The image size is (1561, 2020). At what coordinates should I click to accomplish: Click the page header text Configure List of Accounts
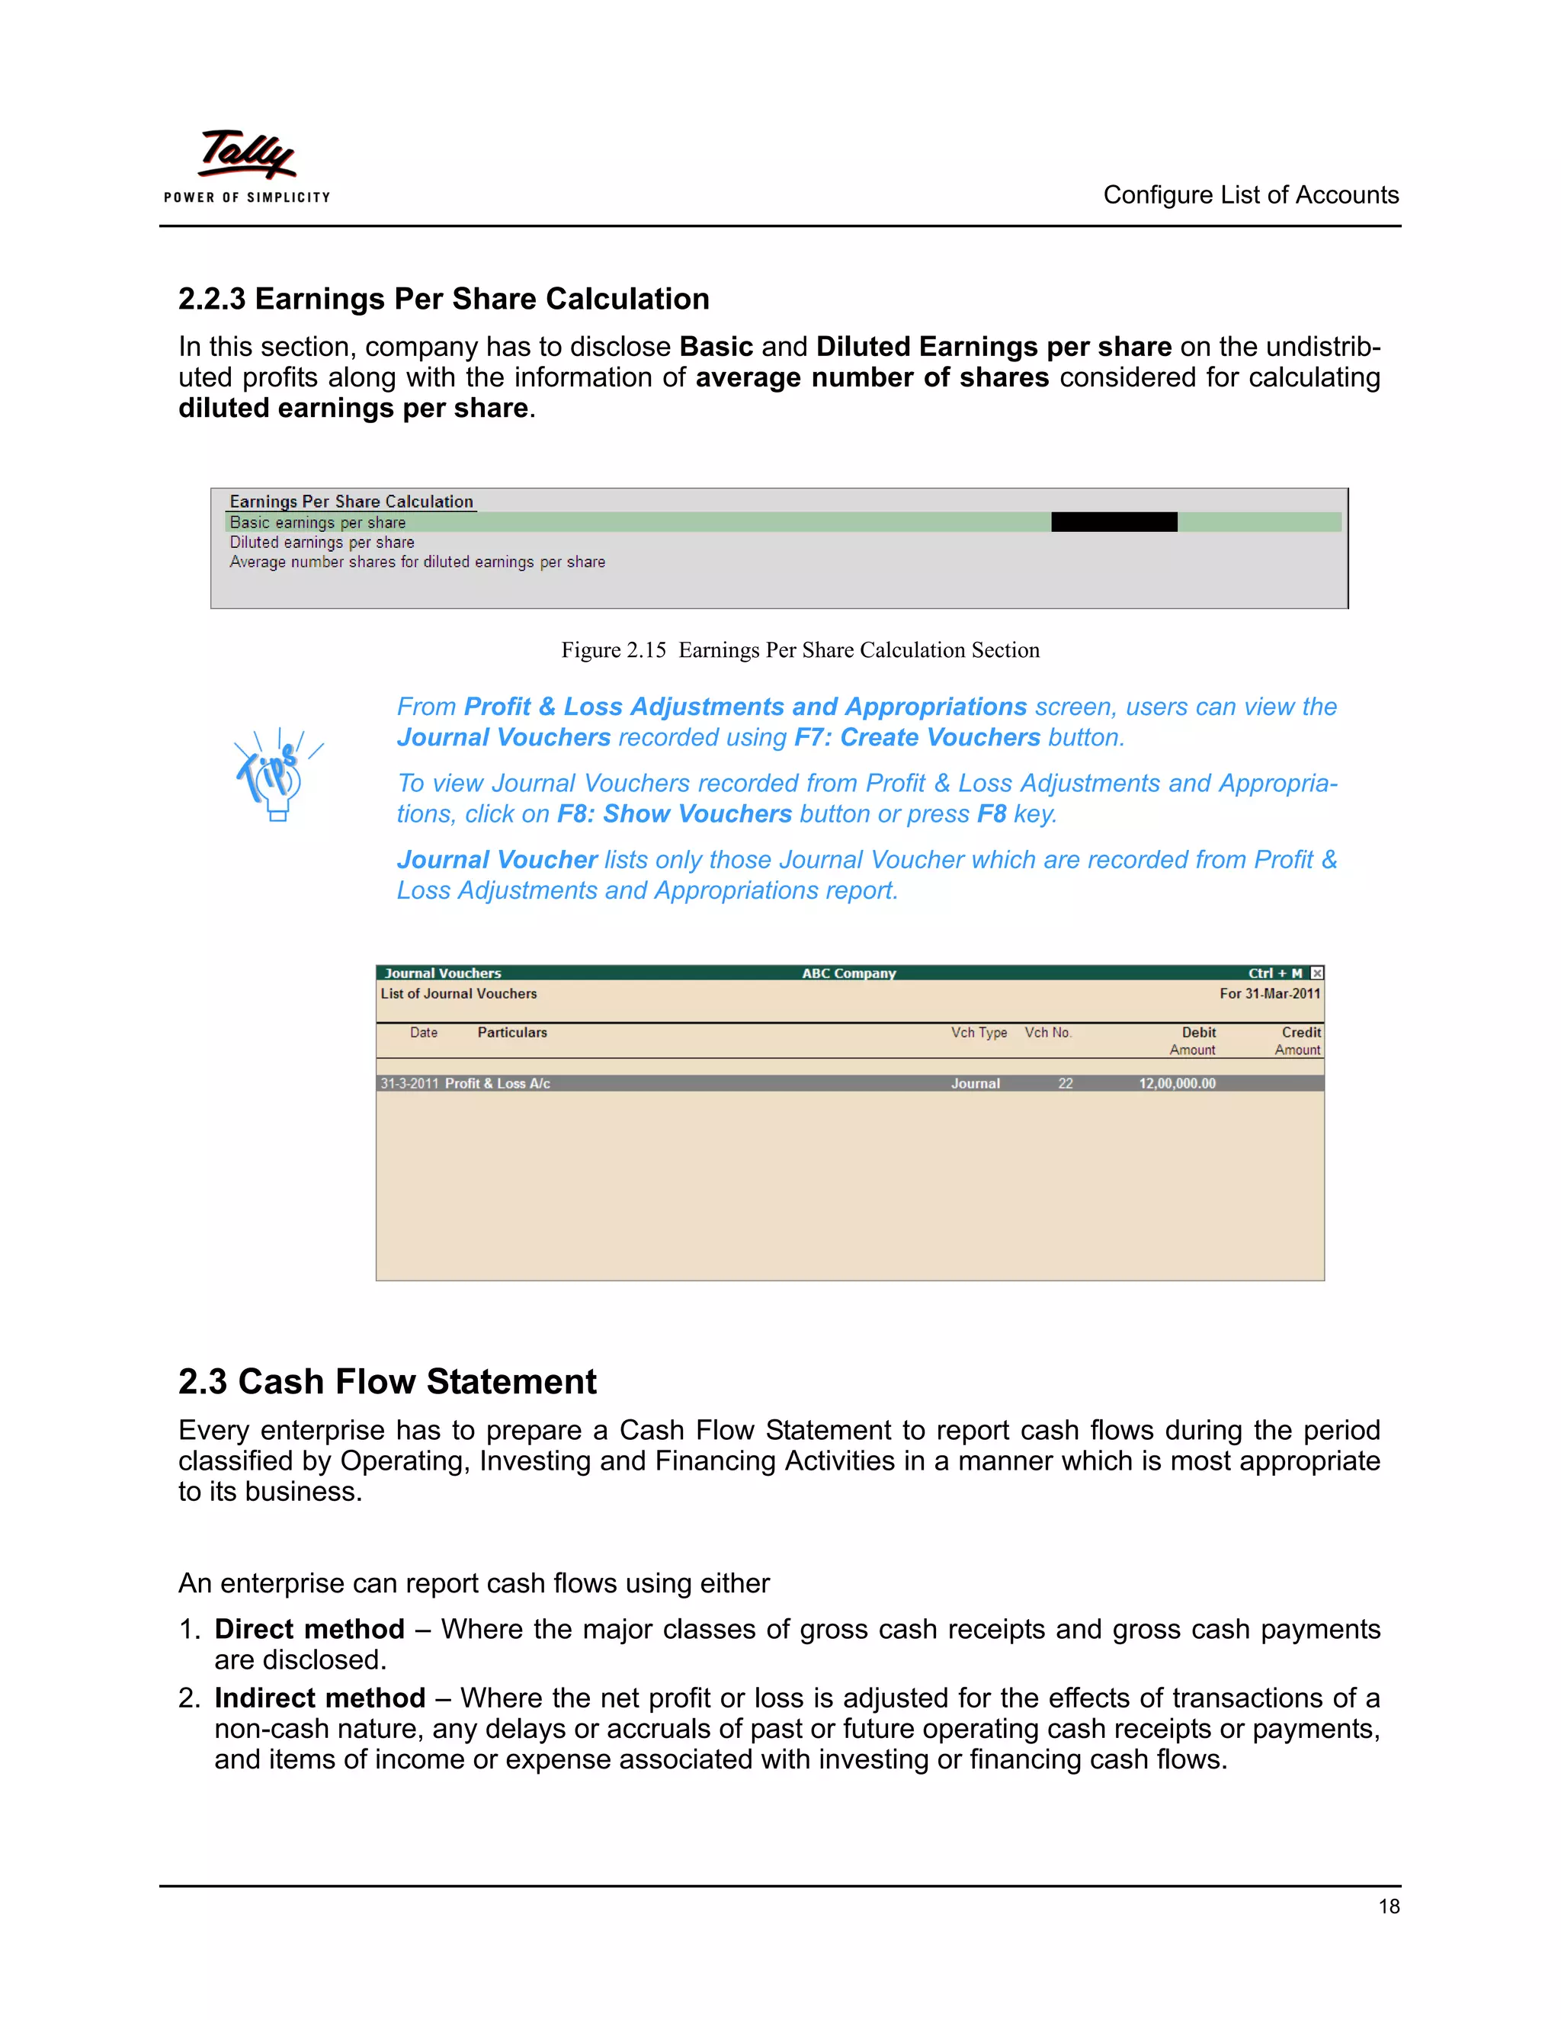[x=1250, y=195]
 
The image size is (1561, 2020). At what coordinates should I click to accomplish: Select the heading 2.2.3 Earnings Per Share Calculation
[x=444, y=299]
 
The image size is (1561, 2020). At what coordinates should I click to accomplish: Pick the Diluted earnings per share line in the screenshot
[x=322, y=543]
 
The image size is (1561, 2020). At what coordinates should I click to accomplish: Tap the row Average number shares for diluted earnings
[x=417, y=563]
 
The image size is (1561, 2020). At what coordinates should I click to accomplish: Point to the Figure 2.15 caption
[x=800, y=650]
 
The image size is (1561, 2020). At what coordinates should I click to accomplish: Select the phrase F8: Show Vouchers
[x=674, y=814]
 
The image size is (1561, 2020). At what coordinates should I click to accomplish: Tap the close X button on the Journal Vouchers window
[x=1317, y=973]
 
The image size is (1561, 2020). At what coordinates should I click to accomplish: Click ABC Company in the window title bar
[x=848, y=973]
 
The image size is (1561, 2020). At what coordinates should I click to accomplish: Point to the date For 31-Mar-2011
[x=1269, y=993]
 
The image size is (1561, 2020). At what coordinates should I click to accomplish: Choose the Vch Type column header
[x=979, y=1032]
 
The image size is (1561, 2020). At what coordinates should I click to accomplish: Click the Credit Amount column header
[x=1298, y=1040]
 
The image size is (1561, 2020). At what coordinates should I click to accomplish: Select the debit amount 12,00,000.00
[x=1176, y=1083]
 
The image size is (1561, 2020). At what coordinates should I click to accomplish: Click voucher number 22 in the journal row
[x=1066, y=1083]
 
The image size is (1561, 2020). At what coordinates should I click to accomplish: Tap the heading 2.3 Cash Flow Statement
[x=387, y=1381]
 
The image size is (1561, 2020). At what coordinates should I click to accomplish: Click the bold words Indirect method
[x=320, y=1698]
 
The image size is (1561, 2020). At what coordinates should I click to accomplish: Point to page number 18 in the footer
[x=1388, y=1906]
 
